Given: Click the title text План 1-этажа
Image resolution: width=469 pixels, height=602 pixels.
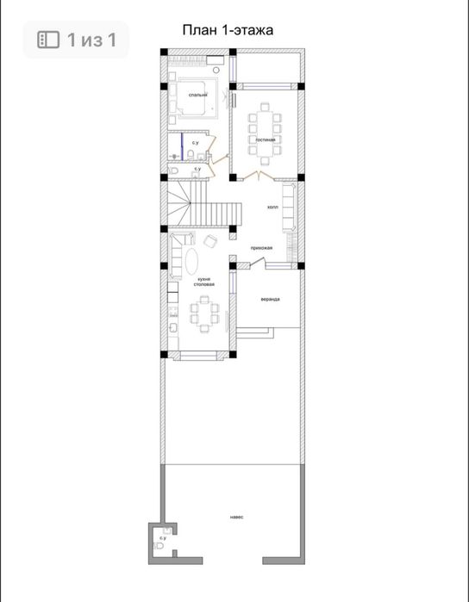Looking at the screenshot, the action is pyautogui.click(x=228, y=30).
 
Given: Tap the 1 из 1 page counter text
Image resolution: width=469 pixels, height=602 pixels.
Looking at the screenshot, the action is pyautogui.click(x=91, y=40).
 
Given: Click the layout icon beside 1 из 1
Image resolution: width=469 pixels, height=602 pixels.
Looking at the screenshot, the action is pyautogui.click(x=48, y=40).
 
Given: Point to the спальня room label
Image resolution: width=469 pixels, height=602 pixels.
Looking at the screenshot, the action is pyautogui.click(x=198, y=95).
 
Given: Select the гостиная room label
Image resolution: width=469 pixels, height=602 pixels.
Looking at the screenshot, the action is pyautogui.click(x=266, y=140).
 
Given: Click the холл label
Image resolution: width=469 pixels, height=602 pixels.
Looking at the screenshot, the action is pyautogui.click(x=272, y=207).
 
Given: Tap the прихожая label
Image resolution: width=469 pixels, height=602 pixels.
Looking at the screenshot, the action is pyautogui.click(x=261, y=248).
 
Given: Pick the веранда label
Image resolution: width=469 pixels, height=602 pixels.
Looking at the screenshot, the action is pyautogui.click(x=270, y=299).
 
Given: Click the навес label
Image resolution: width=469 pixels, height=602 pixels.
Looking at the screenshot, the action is pyautogui.click(x=237, y=517).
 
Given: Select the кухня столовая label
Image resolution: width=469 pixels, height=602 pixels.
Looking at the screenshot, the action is pyautogui.click(x=203, y=282).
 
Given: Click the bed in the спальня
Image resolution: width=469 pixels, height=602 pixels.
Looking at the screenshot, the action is pyautogui.click(x=194, y=97).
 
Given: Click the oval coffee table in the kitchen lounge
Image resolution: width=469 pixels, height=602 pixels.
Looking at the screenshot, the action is pyautogui.click(x=192, y=262).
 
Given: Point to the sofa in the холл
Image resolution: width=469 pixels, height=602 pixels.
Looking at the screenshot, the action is pyautogui.click(x=289, y=208).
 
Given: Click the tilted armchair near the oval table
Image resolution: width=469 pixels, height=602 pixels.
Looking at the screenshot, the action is pyautogui.click(x=210, y=241).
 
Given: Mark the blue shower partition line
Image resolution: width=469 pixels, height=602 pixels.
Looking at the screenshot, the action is pyautogui.click(x=182, y=146).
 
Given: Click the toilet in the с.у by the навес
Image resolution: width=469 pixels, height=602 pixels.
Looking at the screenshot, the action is pyautogui.click(x=159, y=545).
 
